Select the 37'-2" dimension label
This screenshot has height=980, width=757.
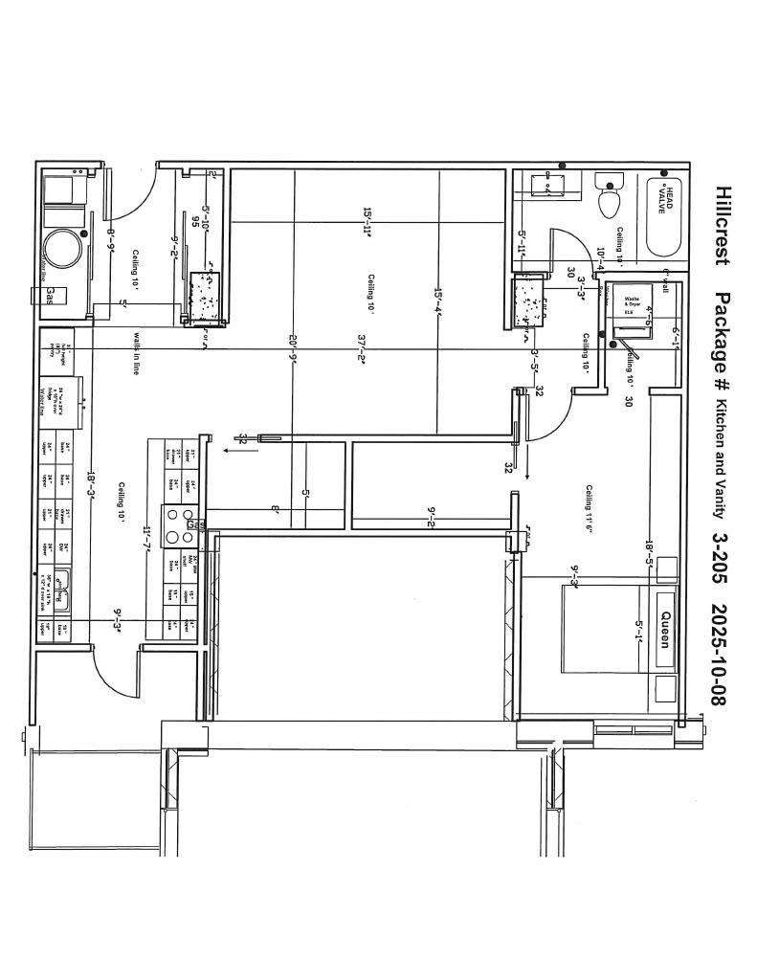(363, 350)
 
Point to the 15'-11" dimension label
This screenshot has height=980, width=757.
(367, 222)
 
